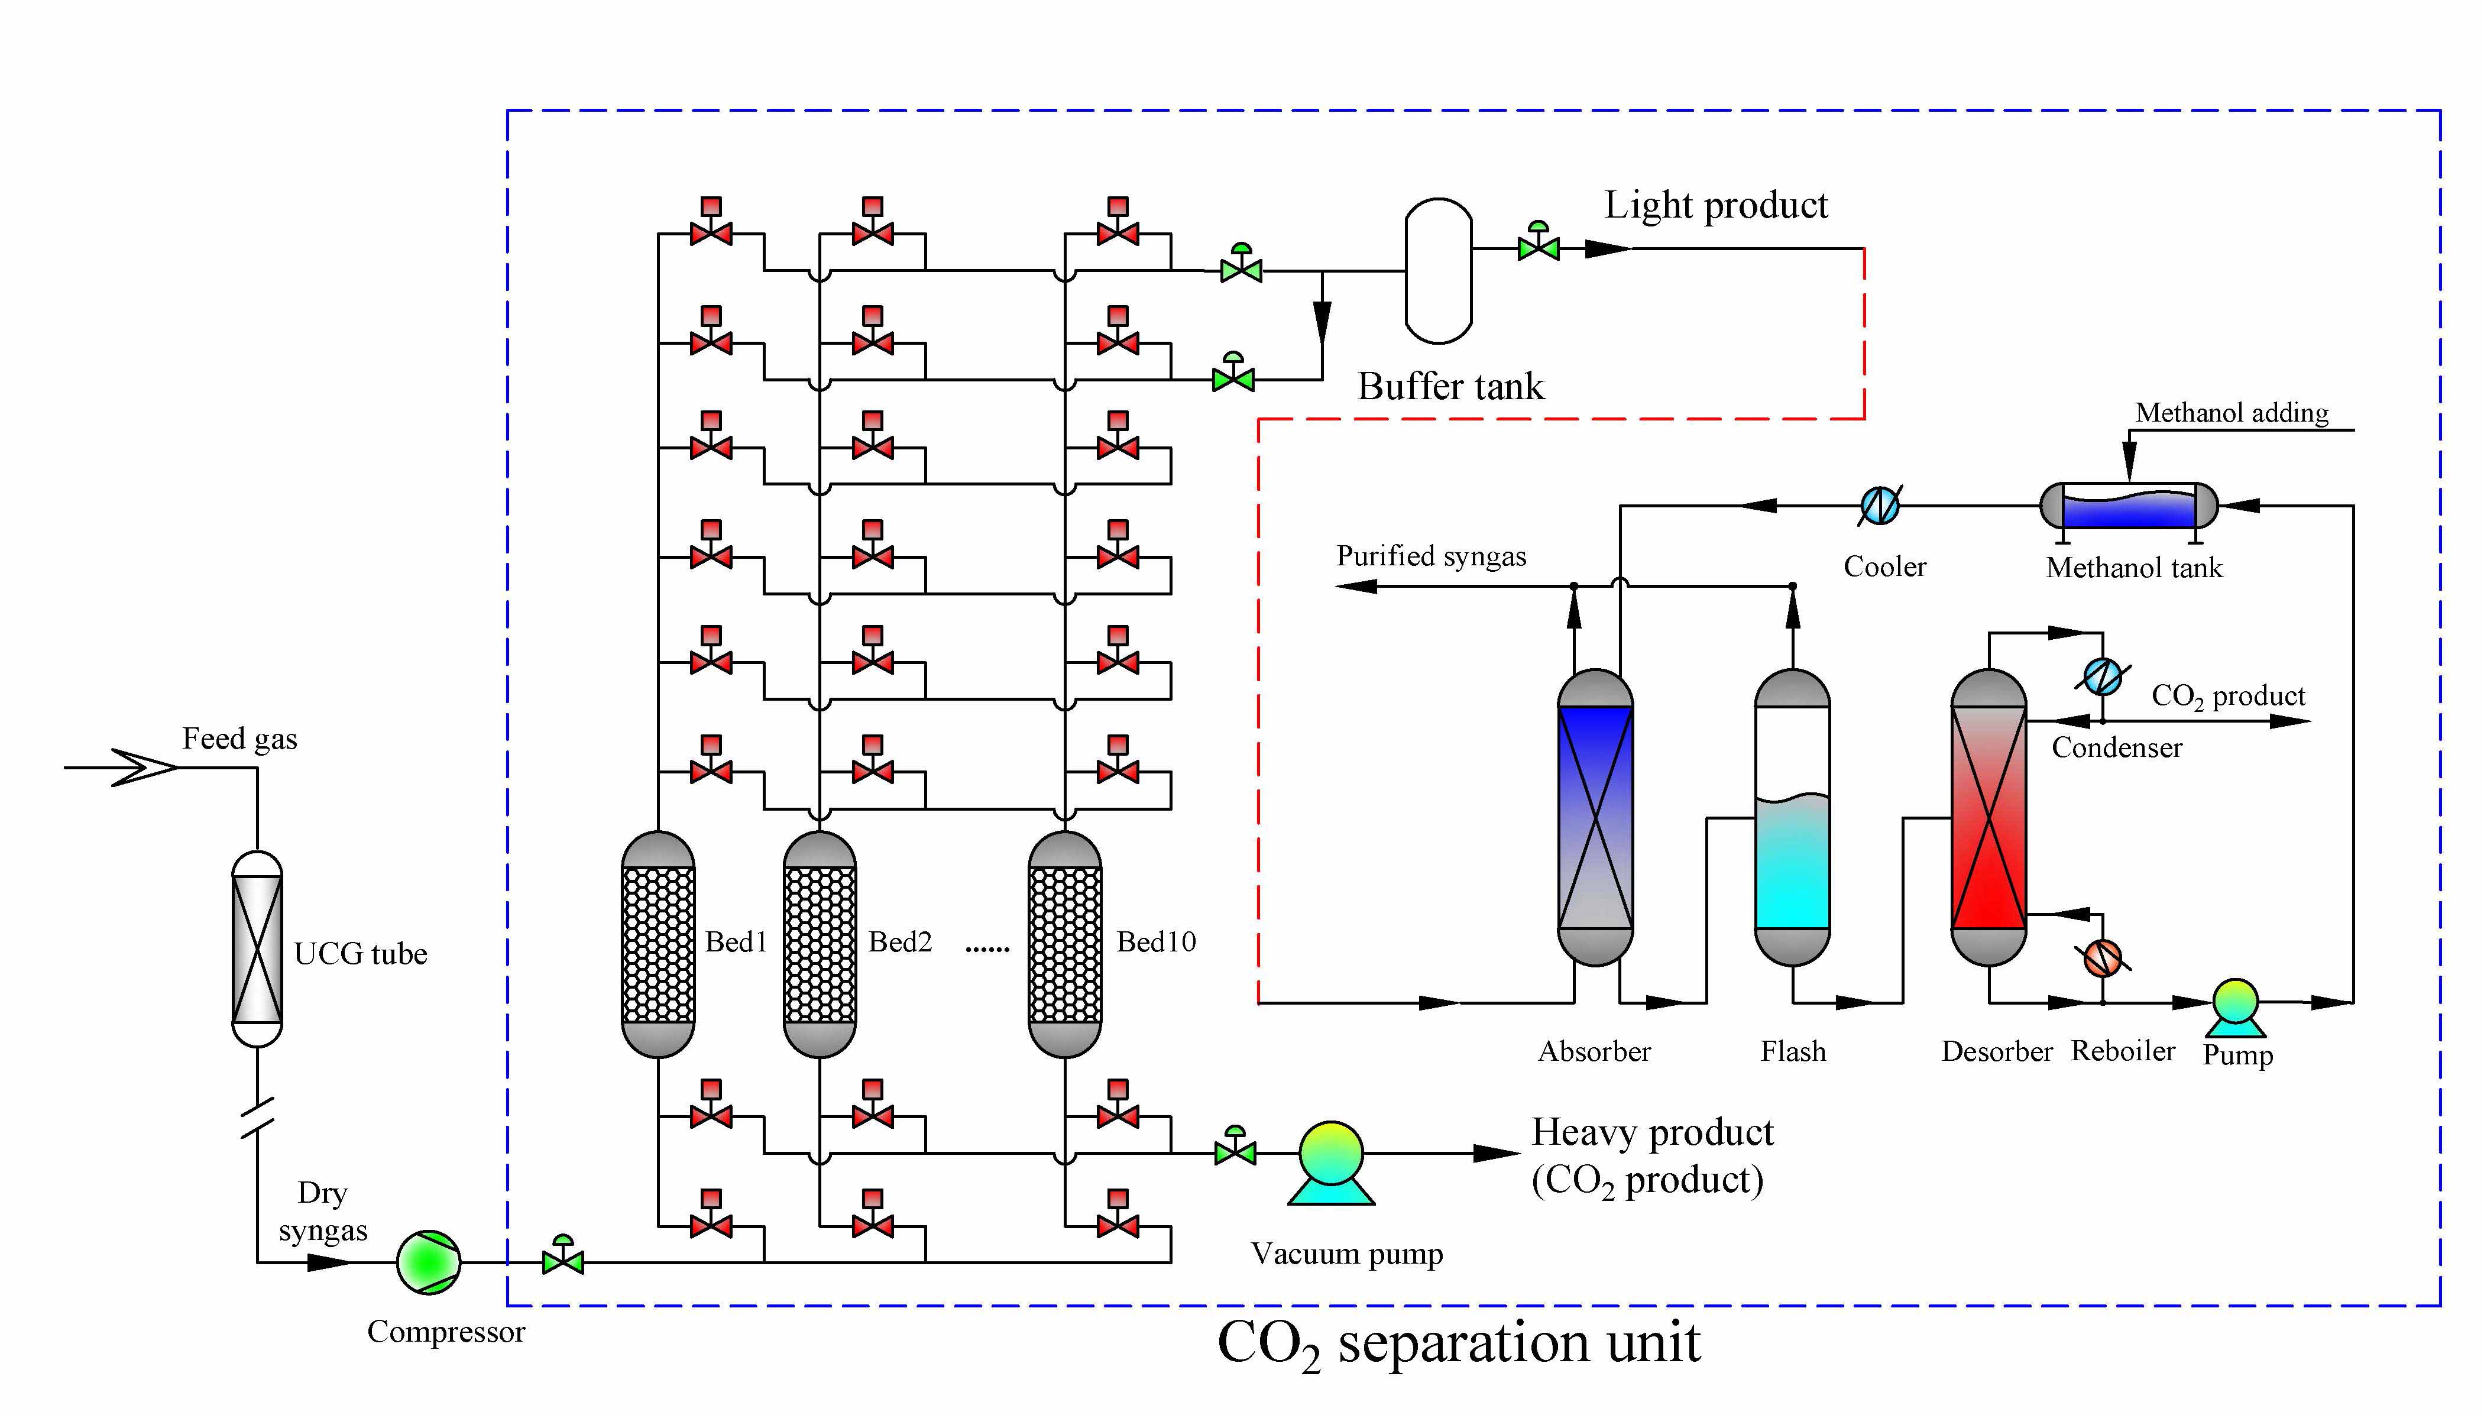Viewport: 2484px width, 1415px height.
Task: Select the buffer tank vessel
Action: (1439, 271)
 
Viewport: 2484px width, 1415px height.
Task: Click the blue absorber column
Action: (1595, 817)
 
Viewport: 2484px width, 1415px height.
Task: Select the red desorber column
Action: (1989, 817)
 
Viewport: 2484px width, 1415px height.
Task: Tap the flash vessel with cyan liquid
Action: (1792, 817)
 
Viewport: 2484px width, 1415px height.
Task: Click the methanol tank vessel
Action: (2128, 506)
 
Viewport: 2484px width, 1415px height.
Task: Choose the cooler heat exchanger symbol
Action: (1880, 506)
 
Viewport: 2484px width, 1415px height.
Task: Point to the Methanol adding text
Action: (2232, 413)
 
